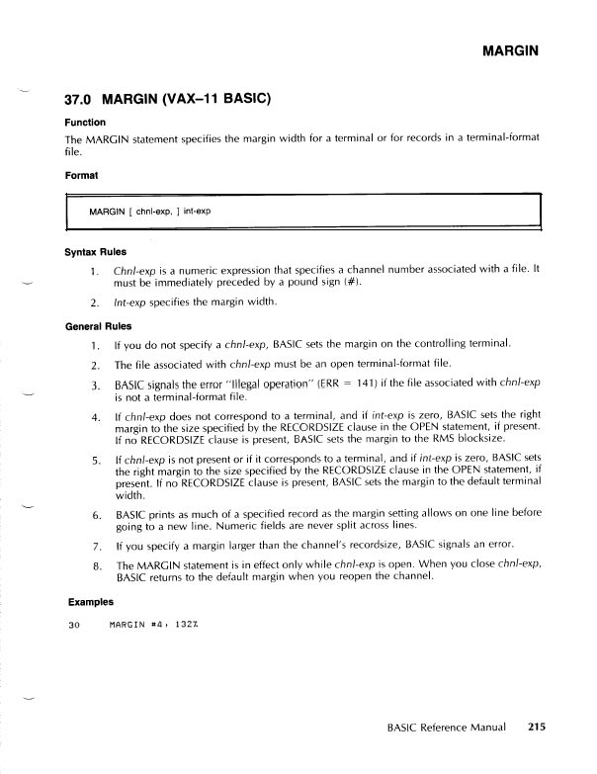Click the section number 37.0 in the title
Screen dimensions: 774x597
(80, 100)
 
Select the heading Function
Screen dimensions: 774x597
(85, 123)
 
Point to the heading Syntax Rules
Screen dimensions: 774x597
(95, 251)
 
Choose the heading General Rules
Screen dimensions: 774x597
(98, 325)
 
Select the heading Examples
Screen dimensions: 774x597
(90, 600)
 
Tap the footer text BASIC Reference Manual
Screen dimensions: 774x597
(447, 727)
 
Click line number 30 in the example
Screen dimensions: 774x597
(73, 625)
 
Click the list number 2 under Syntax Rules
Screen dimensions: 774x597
(94, 302)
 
